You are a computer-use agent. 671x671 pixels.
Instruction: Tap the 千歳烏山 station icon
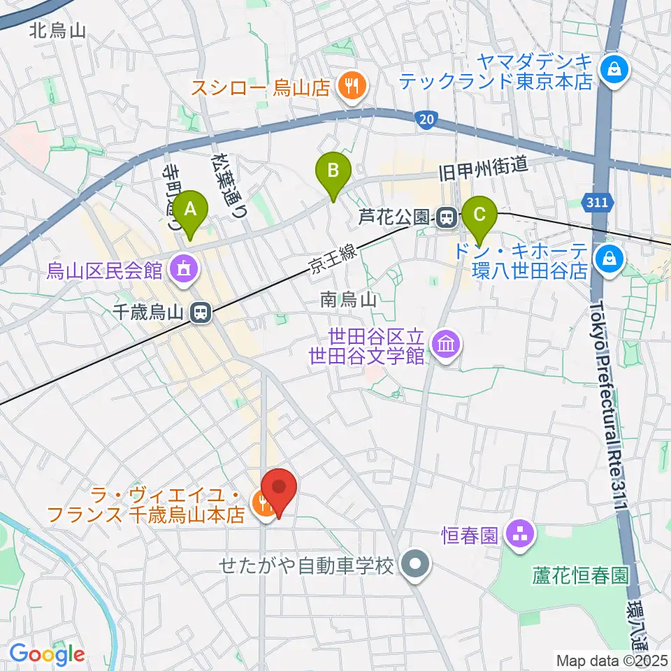[x=201, y=313]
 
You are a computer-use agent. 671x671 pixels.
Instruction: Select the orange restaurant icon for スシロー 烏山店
[x=349, y=87]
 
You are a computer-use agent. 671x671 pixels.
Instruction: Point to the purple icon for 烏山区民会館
[x=184, y=268]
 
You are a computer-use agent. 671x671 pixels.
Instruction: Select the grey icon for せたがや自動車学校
[x=417, y=563]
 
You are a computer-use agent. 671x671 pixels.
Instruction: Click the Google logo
[x=47, y=654]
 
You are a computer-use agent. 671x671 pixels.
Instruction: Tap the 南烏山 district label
[x=349, y=300]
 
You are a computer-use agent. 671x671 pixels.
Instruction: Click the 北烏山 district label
[x=58, y=30]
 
